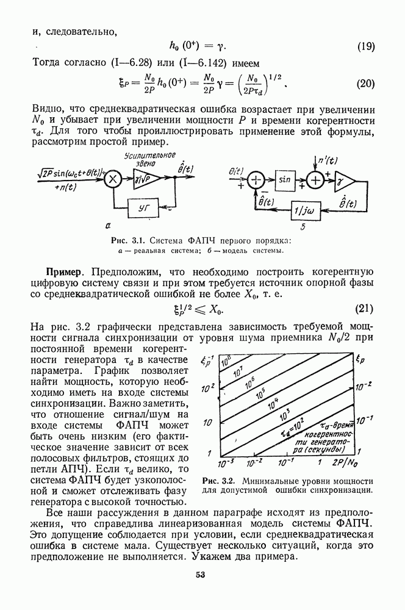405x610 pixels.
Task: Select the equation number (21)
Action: tap(365, 310)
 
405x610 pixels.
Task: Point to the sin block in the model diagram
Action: tap(285, 181)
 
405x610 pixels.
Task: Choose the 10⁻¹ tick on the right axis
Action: tap(364, 420)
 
